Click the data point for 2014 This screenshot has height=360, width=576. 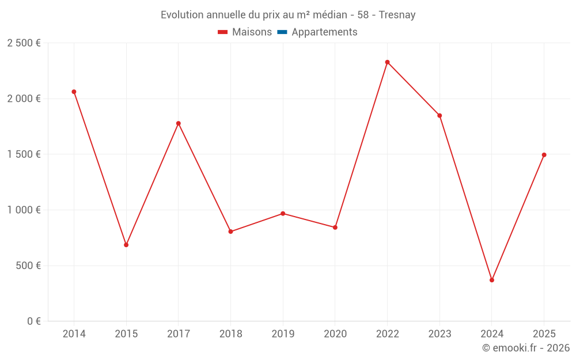74,92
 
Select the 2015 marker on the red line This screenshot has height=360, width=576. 126,245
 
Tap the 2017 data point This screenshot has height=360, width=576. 179,123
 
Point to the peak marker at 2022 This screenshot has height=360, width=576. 387,62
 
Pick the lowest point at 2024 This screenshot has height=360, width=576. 492,280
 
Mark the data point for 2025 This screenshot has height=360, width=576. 544,155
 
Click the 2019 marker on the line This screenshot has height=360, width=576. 283,214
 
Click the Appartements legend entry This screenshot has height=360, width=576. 324,32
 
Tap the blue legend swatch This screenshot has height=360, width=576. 282,32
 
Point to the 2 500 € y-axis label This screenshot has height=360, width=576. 24,43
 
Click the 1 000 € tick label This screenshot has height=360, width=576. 24,210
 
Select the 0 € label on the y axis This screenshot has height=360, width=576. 33,321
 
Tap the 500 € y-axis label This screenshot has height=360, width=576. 28,266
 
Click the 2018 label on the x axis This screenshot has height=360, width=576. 230,334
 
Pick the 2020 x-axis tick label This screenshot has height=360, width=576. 335,334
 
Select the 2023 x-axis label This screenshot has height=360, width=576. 439,334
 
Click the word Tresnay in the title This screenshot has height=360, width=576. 397,15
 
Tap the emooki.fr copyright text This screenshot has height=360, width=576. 526,348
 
